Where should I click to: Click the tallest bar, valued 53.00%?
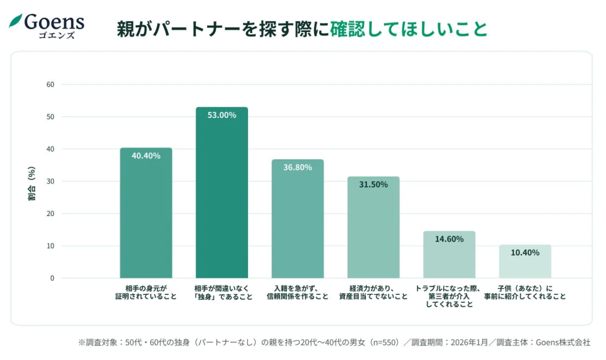click(x=221, y=193)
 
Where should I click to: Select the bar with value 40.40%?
click(x=146, y=213)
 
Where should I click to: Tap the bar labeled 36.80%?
click(x=297, y=219)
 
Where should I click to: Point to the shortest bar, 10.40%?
click(x=525, y=261)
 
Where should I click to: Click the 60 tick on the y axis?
click(x=50, y=84)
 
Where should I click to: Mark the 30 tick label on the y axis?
click(x=50, y=181)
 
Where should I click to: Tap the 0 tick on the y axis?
click(x=52, y=278)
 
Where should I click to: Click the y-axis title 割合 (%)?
click(x=32, y=183)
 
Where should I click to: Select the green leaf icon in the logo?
click(x=15, y=21)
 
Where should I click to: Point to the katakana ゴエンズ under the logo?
click(x=56, y=36)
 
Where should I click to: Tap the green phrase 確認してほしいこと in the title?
click(x=409, y=29)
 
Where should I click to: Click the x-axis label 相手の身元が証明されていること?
click(x=146, y=292)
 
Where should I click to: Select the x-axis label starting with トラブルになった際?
click(x=449, y=296)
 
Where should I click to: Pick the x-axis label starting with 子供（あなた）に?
click(x=525, y=292)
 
